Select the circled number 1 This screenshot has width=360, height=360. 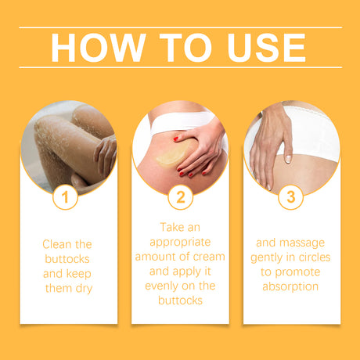(x=67, y=197)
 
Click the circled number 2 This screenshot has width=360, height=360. (x=180, y=197)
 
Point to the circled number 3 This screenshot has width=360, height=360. (x=291, y=197)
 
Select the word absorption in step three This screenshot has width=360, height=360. (x=290, y=286)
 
